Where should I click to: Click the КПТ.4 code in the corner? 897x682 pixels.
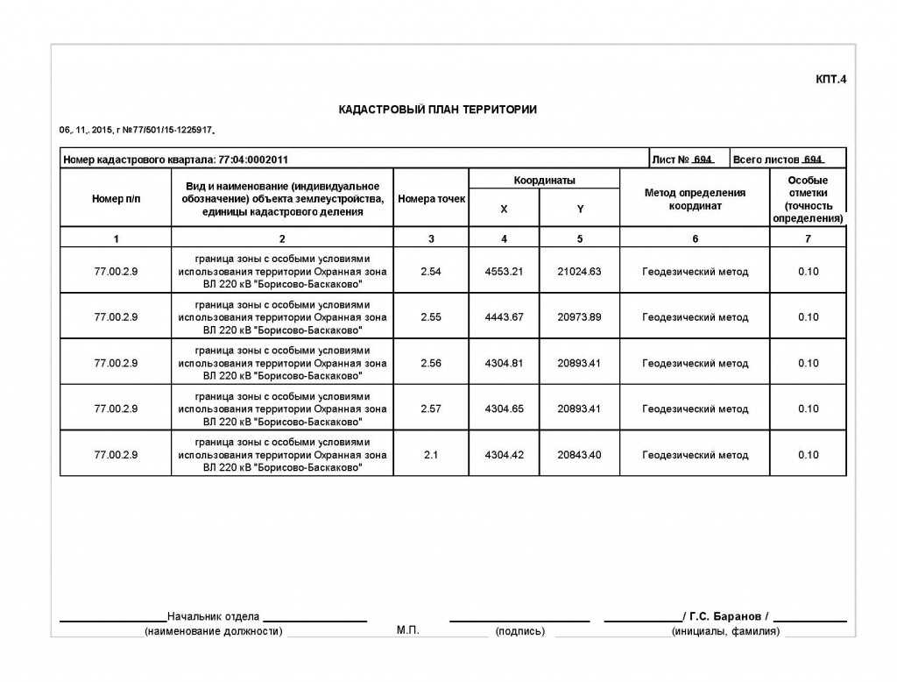pos(831,80)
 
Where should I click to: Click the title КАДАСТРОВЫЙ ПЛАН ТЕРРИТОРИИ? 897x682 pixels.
pos(437,110)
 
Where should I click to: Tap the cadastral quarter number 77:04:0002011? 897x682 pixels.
pos(253,160)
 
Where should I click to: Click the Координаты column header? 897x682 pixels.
pos(544,181)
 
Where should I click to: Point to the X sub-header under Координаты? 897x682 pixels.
pos(504,210)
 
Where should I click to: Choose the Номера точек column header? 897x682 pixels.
pos(431,199)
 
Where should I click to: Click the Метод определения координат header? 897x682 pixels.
pos(695,199)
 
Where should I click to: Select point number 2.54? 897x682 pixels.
pos(431,272)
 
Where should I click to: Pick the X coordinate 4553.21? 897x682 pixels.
pos(504,272)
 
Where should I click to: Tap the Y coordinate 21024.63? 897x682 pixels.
pos(579,272)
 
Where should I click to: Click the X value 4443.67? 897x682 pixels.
pos(504,317)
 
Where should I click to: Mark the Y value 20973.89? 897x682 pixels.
pos(579,317)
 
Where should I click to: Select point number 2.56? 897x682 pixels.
pos(431,363)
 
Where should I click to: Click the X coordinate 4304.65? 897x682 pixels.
pos(504,408)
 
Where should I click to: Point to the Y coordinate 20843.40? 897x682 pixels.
pos(579,455)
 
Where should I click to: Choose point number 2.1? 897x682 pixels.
pos(431,455)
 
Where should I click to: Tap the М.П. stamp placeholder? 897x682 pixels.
pos(408,630)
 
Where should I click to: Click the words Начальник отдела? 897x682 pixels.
pos(213,616)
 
